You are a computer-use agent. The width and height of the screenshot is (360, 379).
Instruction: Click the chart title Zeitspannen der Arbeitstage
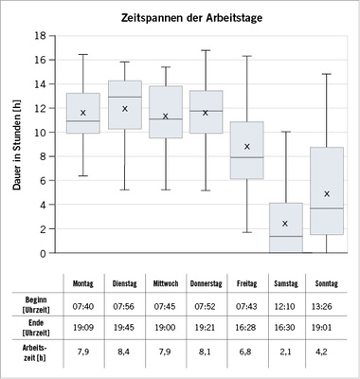click(193, 18)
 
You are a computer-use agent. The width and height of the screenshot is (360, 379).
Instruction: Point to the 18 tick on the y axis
click(41, 36)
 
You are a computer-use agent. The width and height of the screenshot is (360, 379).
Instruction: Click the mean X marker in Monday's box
click(83, 113)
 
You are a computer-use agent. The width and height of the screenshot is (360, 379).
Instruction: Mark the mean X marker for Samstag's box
click(285, 224)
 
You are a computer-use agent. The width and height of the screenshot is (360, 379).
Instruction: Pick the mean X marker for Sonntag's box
click(326, 193)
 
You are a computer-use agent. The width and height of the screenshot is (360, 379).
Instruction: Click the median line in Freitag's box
click(246, 157)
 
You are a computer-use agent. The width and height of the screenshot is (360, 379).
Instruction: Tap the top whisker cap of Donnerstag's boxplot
click(206, 50)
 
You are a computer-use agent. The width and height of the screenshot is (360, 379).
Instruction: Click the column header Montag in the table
click(83, 282)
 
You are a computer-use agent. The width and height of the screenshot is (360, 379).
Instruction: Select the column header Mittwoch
click(165, 282)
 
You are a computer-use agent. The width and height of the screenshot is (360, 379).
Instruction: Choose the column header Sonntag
click(326, 282)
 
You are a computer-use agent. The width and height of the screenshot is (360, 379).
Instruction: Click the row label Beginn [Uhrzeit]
click(35, 303)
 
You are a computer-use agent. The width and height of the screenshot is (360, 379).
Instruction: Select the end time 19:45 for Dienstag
click(124, 327)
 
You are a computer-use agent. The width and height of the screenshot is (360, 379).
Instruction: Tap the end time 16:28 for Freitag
click(246, 327)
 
